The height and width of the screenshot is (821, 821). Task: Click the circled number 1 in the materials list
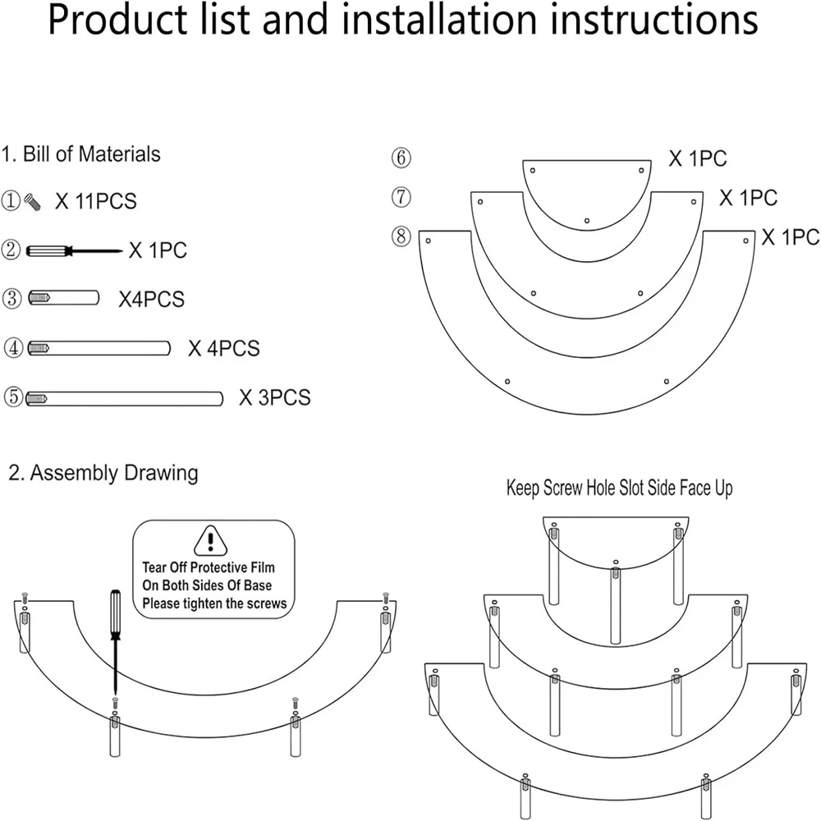click(x=12, y=200)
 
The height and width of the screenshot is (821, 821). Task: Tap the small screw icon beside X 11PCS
click(x=33, y=200)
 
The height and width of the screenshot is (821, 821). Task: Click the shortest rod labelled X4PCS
click(x=64, y=298)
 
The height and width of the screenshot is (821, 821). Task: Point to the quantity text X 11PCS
click(x=95, y=200)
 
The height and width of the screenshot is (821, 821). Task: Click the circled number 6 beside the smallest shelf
click(x=401, y=158)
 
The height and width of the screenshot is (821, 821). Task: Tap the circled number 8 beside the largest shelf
click(x=401, y=237)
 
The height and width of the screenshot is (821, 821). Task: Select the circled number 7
click(x=401, y=197)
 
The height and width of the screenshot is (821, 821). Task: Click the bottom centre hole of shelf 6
click(x=587, y=220)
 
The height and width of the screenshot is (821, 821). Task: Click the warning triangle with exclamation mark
click(x=212, y=541)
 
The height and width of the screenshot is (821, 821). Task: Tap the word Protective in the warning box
click(x=216, y=567)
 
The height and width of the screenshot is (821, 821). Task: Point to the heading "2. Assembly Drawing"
click(x=103, y=473)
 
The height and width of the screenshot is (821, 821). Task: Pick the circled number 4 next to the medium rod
click(x=12, y=348)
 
